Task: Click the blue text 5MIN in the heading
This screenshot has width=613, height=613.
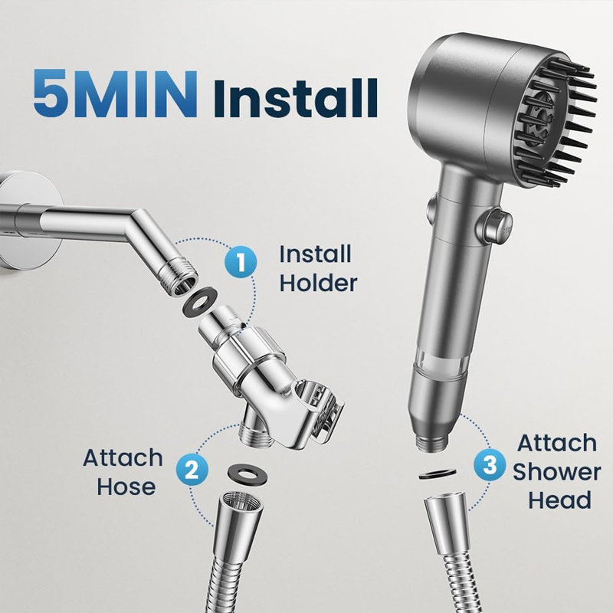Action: tap(114, 93)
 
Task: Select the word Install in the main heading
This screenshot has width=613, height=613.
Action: tap(296, 98)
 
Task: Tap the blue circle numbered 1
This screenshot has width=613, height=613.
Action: tap(241, 261)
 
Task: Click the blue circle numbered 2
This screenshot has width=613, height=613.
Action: tap(192, 470)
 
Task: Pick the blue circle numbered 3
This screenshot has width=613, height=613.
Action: tap(490, 465)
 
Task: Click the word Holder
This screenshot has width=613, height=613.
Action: tap(318, 283)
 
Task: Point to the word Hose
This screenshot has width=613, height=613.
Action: tap(126, 487)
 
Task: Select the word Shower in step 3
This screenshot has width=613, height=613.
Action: tap(557, 472)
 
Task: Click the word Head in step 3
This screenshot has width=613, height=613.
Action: tap(559, 500)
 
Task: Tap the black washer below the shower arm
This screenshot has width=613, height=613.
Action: tap(200, 300)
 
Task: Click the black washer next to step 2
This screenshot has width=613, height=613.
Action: tap(247, 474)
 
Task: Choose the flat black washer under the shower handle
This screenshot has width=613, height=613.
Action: tap(438, 474)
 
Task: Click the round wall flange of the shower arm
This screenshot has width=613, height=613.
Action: tap(28, 220)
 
